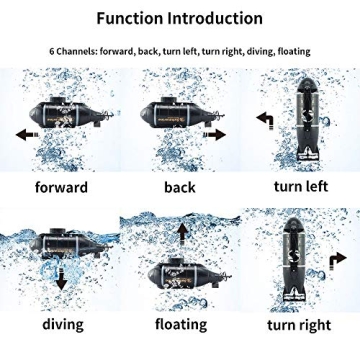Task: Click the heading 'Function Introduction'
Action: pyautogui.click(x=180, y=18)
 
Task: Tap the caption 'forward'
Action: pyautogui.click(x=61, y=187)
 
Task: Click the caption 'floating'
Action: pyautogui.click(x=180, y=323)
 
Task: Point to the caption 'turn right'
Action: pyautogui.click(x=300, y=324)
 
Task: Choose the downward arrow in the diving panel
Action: pyautogui.click(x=60, y=280)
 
